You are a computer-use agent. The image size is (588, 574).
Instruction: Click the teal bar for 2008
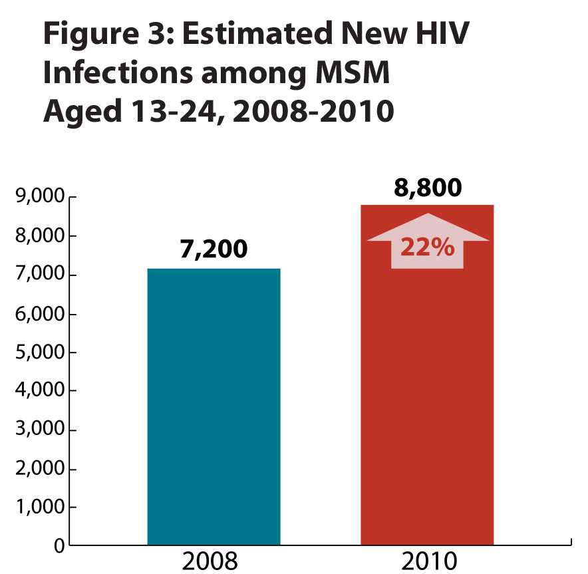pyautogui.click(x=214, y=406)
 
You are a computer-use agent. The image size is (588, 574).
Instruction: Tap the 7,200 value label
pyautogui.click(x=214, y=249)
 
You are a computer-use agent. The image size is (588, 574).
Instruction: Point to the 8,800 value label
pyautogui.click(x=427, y=188)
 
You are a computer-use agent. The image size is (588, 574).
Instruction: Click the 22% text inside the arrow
pyautogui.click(x=427, y=248)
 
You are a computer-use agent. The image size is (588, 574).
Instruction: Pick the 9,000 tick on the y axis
pyautogui.click(x=39, y=198)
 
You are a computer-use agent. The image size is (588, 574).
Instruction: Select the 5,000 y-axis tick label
pyautogui.click(x=39, y=353)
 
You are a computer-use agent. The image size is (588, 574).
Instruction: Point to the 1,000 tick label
pyautogui.click(x=39, y=508)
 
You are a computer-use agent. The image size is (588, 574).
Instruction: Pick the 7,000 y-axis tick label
pyautogui.click(x=39, y=275)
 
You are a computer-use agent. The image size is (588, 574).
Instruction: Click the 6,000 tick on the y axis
pyautogui.click(x=39, y=314)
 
